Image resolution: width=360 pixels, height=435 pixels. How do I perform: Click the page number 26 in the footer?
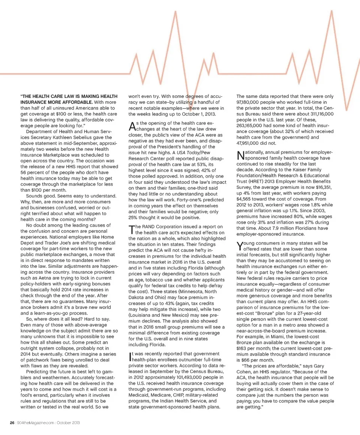11,423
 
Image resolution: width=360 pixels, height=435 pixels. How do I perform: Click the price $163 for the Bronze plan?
243,347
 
